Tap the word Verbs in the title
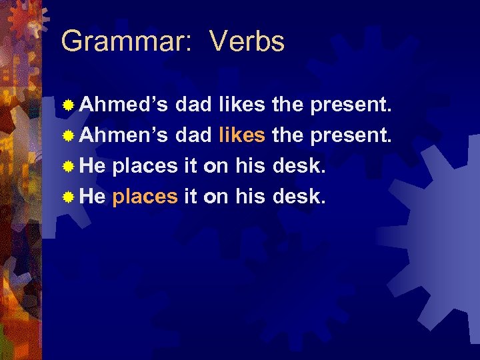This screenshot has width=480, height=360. (x=247, y=42)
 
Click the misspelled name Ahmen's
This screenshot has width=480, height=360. (x=124, y=136)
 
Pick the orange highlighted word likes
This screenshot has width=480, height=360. (x=242, y=136)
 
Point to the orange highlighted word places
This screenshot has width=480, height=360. (x=145, y=197)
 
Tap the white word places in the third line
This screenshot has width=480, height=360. (x=145, y=167)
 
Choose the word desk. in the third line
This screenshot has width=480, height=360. (x=300, y=167)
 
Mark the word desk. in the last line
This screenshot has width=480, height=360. (x=300, y=197)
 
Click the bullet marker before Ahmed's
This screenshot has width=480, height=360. (x=68, y=105)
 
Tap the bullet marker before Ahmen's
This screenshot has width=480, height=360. (x=68, y=137)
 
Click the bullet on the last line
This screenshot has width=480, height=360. (x=68, y=198)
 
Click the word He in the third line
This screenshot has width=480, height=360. (x=93, y=167)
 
